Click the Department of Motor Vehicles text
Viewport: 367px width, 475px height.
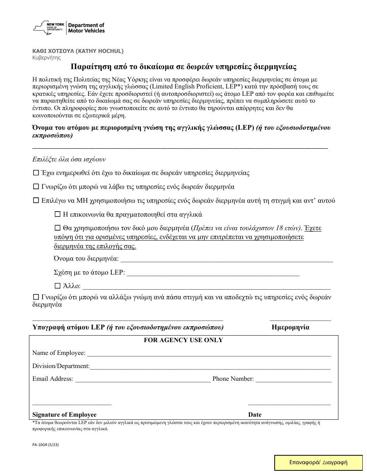pos(86,28)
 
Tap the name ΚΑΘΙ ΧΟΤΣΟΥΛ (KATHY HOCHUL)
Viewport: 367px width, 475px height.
pos(78,51)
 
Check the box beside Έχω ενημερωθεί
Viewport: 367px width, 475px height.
pos(36,173)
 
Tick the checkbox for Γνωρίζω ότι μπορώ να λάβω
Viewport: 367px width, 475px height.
pos(36,187)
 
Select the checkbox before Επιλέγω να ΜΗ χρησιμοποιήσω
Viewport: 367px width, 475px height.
pos(36,200)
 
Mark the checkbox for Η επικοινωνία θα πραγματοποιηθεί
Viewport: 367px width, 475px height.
pos(58,214)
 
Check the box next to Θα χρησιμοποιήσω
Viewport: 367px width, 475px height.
pos(58,228)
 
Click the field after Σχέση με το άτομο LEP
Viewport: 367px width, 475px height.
pos(213,273)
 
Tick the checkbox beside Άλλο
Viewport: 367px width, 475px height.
pos(58,286)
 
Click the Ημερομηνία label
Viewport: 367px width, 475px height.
pos(291,327)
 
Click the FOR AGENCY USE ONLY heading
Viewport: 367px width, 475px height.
pos(183,340)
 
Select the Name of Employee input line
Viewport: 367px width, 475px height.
pos(209,353)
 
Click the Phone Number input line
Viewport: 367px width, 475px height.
pos(293,379)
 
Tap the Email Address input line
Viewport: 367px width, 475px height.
pos(143,379)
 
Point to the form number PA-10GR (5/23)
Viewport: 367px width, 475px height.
pos(46,444)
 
